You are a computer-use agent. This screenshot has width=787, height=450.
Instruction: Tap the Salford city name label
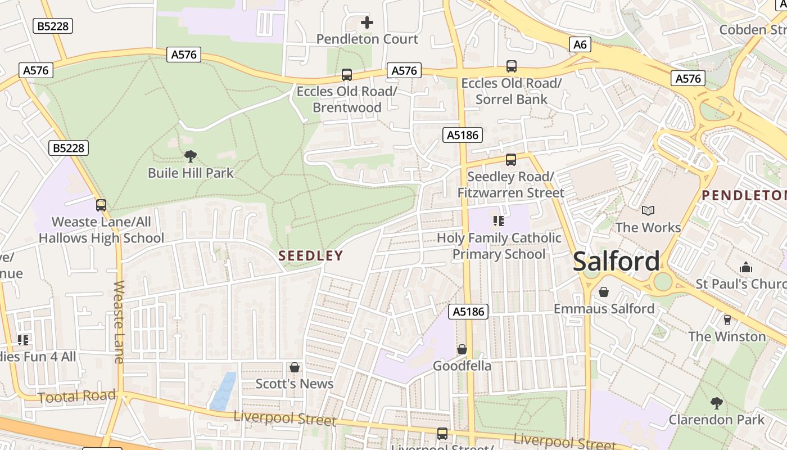(616, 262)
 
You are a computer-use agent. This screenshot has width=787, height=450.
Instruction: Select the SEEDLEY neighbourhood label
(311, 256)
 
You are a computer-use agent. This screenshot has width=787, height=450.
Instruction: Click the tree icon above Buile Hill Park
(191, 156)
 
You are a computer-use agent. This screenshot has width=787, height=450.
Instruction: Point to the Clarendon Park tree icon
(716, 403)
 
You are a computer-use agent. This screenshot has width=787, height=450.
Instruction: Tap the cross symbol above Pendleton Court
(367, 22)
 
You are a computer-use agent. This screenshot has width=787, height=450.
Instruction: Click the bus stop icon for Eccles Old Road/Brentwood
(347, 75)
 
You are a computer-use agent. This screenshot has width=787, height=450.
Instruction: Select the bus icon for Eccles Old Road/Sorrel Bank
(512, 66)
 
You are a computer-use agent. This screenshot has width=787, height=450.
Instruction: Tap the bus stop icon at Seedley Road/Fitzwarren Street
(510, 160)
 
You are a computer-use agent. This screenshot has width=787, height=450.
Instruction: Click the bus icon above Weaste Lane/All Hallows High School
(101, 205)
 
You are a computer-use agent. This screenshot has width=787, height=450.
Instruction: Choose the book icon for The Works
(648, 211)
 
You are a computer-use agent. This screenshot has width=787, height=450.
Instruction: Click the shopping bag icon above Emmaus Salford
(604, 292)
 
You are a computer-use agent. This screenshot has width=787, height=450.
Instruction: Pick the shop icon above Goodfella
(462, 350)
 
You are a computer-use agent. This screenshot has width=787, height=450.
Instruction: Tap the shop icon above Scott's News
(294, 367)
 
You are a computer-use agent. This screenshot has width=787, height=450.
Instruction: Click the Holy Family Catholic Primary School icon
(498, 221)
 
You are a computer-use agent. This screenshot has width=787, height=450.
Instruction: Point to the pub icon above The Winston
(727, 320)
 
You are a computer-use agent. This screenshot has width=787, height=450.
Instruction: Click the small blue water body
(223, 390)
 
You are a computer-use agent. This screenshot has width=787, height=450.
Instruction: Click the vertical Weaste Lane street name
(119, 322)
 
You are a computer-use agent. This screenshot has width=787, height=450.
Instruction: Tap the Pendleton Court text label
(367, 39)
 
